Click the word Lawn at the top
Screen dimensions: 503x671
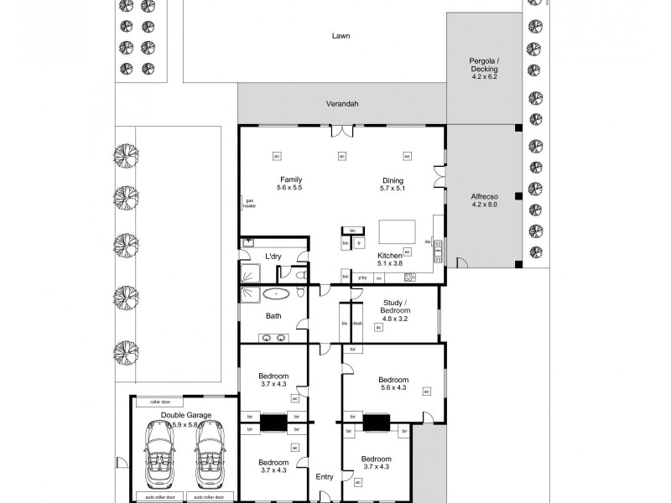coord(341,36)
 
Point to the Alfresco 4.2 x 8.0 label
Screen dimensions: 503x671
coord(485,200)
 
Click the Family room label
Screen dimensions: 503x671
coord(290,184)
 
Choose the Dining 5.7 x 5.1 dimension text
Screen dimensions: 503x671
coord(393,189)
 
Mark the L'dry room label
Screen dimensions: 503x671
coord(273,257)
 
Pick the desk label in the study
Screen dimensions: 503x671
coord(356,323)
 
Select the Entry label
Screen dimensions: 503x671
coord(325,477)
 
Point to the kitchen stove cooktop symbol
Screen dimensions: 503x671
coord(409,277)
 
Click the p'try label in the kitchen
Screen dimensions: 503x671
coord(363,277)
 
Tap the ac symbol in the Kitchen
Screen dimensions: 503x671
coord(407,251)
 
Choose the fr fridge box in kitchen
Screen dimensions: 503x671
coord(359,243)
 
